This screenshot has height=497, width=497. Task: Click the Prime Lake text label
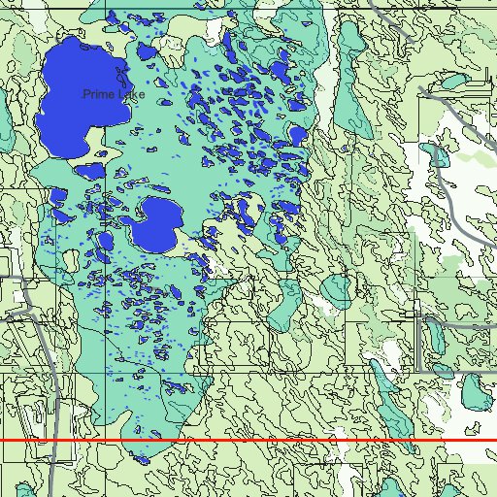tap(114, 94)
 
